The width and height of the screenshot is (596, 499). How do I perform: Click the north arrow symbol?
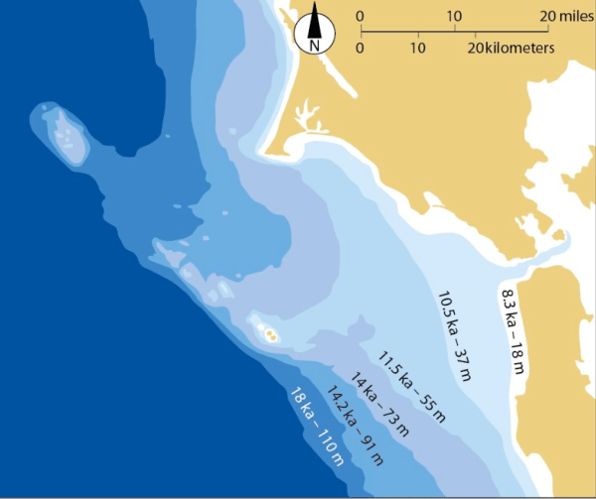pos(315,21)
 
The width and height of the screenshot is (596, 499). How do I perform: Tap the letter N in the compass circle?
pos(315,44)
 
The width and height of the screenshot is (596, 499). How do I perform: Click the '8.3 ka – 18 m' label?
pos(513,328)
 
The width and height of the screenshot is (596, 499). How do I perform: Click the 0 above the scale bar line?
pos(360,17)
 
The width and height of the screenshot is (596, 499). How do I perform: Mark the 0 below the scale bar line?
pos(360,47)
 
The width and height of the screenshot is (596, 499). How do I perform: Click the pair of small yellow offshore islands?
pos(269,334)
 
